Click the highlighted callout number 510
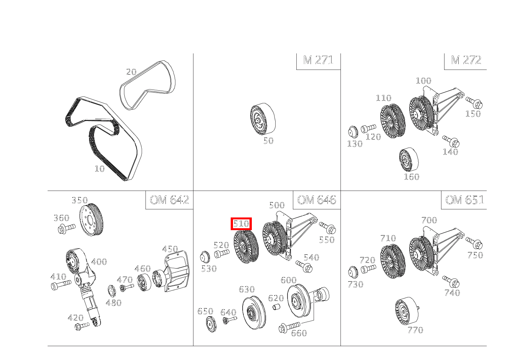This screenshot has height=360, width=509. (241, 224)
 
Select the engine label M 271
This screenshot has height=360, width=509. (318, 60)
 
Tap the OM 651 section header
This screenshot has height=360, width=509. (464, 200)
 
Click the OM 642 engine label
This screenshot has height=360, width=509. (169, 200)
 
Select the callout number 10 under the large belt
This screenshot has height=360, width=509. (99, 169)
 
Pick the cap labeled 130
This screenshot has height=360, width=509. (352, 132)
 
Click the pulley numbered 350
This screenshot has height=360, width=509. (91, 220)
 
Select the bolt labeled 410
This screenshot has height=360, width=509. (61, 285)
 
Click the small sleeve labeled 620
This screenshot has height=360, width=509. (276, 307)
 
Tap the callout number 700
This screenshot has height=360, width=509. (429, 220)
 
